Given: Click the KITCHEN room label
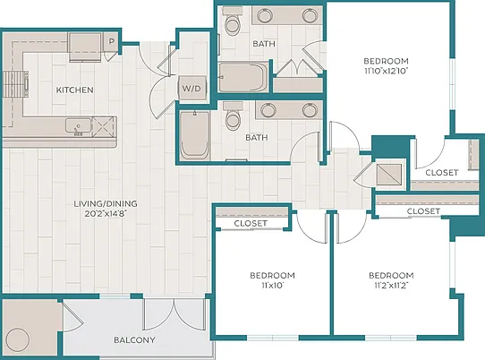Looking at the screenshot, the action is (x=74, y=90).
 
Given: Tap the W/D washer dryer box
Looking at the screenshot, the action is (x=191, y=89).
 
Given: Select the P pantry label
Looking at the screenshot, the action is (x=112, y=41).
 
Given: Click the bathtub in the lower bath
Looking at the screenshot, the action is (x=194, y=135).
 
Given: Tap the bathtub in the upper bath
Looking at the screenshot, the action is (x=243, y=77).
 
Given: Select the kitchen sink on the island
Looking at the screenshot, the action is (x=79, y=126).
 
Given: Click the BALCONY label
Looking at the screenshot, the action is (x=134, y=340).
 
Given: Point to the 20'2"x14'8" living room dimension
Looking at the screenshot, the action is (x=106, y=214).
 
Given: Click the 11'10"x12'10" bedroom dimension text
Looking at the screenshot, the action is (x=386, y=71).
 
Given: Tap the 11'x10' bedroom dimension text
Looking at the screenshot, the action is (x=272, y=285).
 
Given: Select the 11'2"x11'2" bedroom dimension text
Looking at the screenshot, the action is (x=391, y=285).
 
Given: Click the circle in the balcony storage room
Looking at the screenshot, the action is (x=18, y=340).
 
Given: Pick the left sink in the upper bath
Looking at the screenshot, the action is (x=265, y=15).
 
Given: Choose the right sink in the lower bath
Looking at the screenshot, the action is (x=311, y=110).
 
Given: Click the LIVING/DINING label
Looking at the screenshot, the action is (x=106, y=203).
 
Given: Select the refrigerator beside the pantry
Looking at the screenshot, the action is (x=85, y=47).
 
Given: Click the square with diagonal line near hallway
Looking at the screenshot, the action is (x=389, y=174).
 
